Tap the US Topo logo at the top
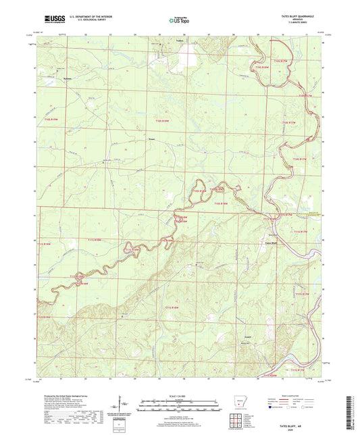click(x=177, y=20)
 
